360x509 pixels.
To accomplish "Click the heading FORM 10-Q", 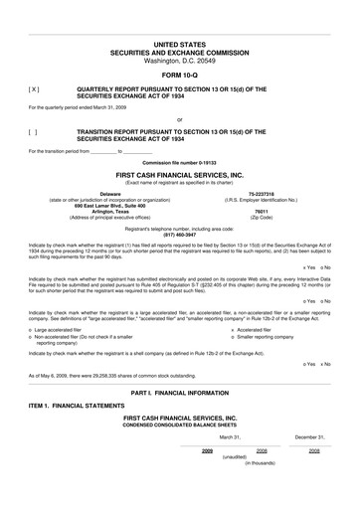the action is [179, 76].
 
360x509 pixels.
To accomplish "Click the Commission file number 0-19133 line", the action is [179, 160].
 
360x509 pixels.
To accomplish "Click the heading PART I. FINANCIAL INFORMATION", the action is [179, 396].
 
